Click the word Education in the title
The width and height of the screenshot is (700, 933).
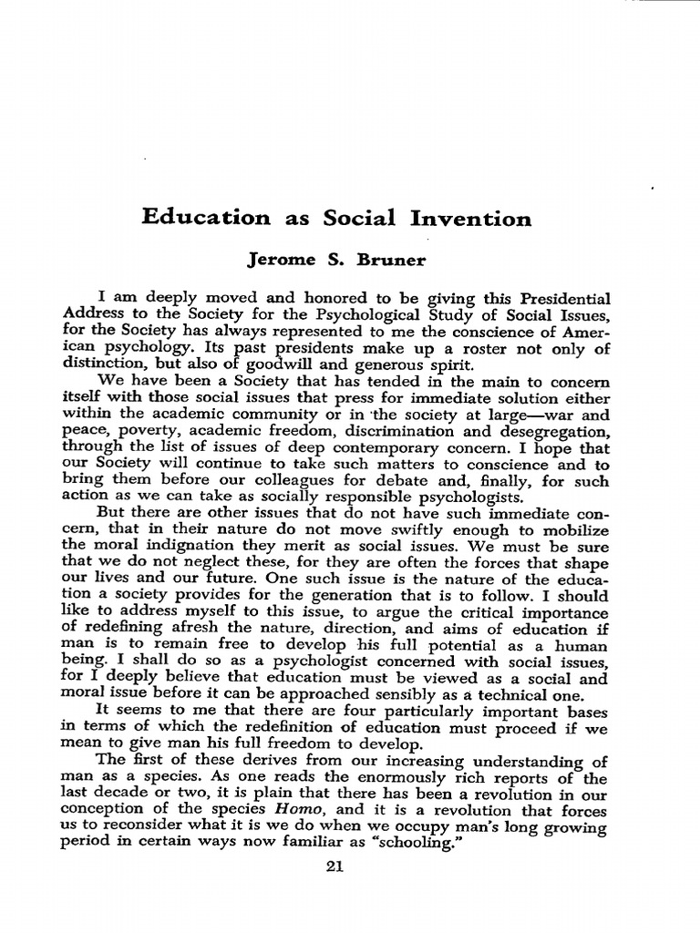206,218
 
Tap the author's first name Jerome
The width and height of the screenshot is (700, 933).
283,260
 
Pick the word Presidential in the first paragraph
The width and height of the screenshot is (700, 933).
558,300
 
